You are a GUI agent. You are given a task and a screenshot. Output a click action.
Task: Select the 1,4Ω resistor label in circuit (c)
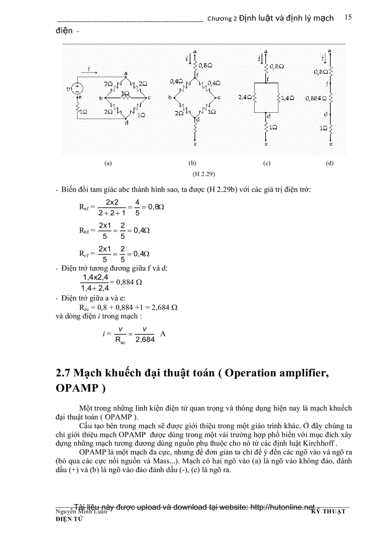287,98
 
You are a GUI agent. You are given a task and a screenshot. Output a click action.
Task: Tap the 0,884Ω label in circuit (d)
317,99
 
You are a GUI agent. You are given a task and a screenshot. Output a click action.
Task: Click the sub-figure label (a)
108,163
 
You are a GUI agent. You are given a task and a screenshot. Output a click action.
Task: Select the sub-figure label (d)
330,163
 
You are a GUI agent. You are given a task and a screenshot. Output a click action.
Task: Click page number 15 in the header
348,17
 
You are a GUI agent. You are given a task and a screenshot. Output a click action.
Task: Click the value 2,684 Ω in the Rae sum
164,307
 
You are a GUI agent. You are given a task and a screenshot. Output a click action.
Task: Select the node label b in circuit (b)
170,98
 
